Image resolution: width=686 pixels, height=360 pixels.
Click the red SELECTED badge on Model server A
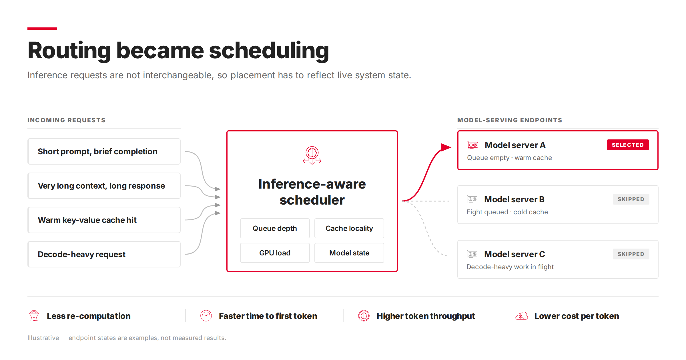pos(628,145)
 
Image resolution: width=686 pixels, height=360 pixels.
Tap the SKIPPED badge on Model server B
pos(631,199)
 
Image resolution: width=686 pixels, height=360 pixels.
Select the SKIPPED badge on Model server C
pos(631,254)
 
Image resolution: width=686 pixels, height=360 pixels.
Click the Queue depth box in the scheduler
pos(275,228)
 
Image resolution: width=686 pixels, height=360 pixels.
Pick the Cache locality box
pos(349,228)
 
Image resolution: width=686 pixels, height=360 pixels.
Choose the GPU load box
pos(275,253)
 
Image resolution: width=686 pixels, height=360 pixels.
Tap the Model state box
pos(349,253)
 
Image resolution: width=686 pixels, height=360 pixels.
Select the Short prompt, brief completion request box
pos(104,151)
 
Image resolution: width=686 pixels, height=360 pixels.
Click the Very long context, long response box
pos(104,186)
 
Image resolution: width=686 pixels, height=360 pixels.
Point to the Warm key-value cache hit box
pos(104,220)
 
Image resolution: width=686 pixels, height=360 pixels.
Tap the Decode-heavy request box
pos(104,254)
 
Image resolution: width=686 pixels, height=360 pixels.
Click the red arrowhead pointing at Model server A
pos(446,147)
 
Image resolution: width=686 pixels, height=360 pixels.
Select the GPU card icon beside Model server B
pos(472,199)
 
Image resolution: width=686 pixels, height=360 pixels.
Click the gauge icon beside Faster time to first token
pos(206,316)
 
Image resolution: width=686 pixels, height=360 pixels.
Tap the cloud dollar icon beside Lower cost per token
pos(522,316)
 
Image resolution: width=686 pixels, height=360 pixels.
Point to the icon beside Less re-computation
pos(34,316)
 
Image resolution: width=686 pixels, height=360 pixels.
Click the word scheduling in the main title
pos(269,51)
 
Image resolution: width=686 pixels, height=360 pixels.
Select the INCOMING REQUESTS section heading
pos(66,120)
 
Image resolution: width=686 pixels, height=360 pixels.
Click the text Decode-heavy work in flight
pos(510,267)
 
